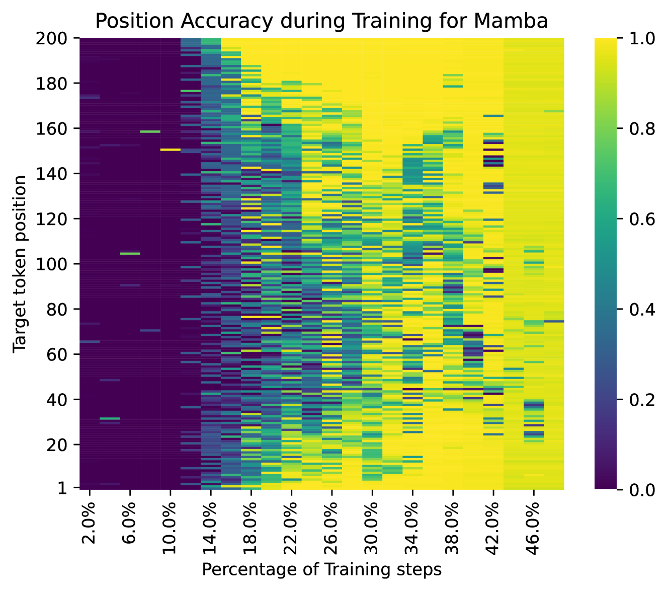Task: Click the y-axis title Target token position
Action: pyautogui.click(x=20, y=264)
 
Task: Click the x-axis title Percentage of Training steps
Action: pyautogui.click(x=321, y=569)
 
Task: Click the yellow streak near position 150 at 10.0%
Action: pyautogui.click(x=170, y=150)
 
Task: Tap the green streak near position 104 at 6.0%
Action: pyautogui.click(x=130, y=254)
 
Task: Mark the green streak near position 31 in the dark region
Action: pyautogui.click(x=110, y=418)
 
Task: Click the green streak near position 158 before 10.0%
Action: pyautogui.click(x=150, y=131)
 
